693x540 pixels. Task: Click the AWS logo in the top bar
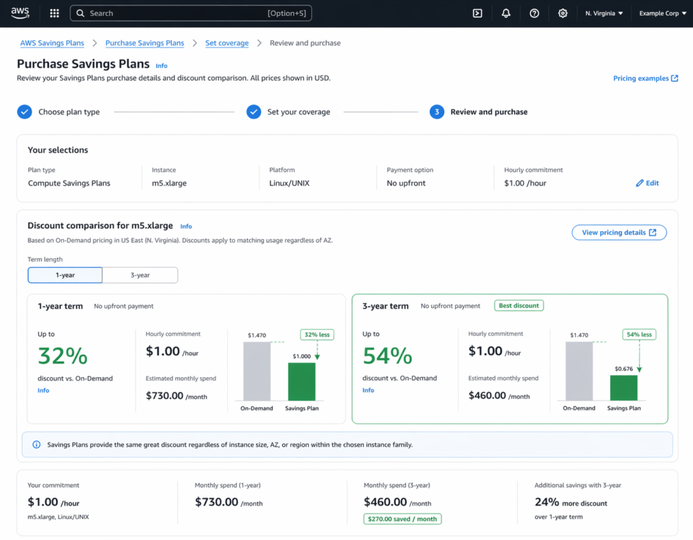pos(20,13)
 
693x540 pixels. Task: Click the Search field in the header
pos(183,13)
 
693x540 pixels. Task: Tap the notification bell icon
pos(506,13)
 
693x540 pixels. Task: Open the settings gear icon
pos(562,13)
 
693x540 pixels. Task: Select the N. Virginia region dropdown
pos(604,13)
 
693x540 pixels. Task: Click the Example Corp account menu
pos(663,13)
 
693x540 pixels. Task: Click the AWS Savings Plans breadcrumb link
pos(52,43)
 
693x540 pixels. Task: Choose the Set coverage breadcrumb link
pos(227,43)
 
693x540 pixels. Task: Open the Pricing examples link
pos(646,78)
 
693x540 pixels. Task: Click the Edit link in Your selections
pos(648,183)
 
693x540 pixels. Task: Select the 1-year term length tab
pos(65,275)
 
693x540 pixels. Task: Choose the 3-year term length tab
pos(140,275)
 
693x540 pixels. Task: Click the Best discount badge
pos(519,305)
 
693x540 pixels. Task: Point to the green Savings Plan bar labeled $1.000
pos(302,382)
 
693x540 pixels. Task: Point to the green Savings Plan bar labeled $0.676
pos(624,388)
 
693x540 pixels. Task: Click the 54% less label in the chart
pos(639,335)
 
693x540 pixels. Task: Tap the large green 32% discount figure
pos(63,355)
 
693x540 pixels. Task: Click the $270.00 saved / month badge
pos(403,519)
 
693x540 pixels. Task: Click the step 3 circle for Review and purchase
pos(437,112)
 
